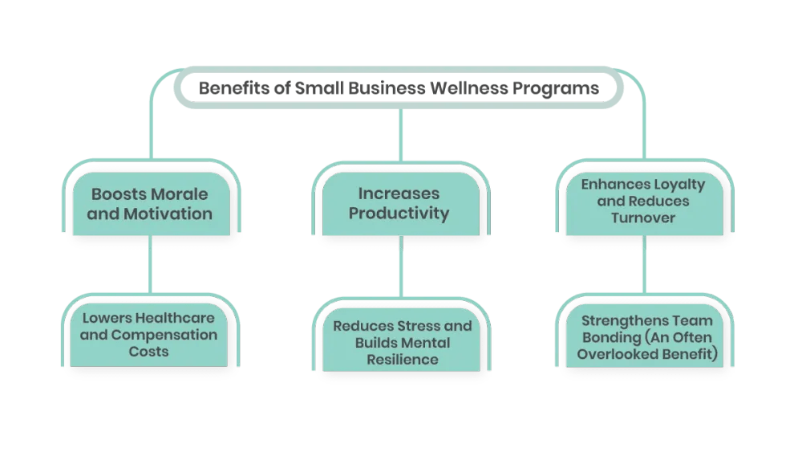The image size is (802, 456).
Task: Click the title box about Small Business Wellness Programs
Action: coord(399,88)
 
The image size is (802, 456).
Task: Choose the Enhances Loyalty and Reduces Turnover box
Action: coord(643,201)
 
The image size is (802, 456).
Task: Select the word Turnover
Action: coord(643,217)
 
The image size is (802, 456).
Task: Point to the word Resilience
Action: coord(403,360)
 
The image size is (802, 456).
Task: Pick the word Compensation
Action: coord(164,334)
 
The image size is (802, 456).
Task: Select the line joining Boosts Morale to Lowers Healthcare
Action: coord(150,269)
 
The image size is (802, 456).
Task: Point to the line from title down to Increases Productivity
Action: coord(402,135)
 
